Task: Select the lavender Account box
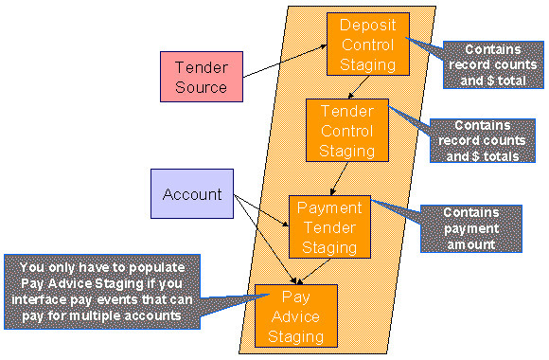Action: point(192,194)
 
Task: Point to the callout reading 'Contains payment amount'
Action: point(469,229)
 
